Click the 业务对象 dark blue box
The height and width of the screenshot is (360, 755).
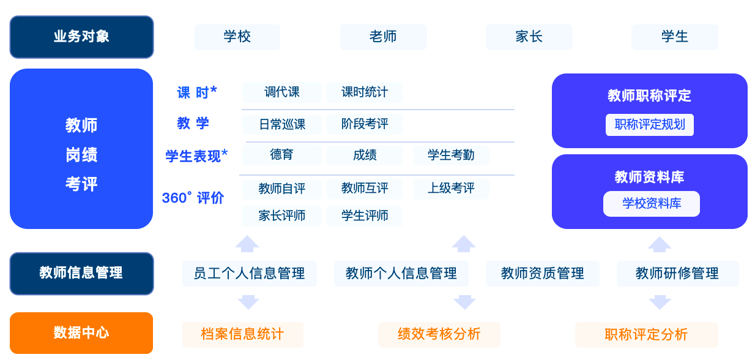point(81,37)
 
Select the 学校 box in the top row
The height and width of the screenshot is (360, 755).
point(237,37)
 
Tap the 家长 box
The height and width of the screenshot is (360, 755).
point(529,37)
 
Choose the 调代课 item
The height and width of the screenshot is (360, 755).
point(282,92)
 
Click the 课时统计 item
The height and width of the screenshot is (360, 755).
point(365,92)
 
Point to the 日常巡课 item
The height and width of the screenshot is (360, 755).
point(282,124)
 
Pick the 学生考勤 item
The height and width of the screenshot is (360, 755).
point(451,155)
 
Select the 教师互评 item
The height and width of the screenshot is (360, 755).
point(365,189)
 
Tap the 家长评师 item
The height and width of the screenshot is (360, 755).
point(282,216)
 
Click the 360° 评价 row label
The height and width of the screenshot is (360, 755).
point(193,198)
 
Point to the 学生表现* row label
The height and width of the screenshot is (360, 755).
point(196,156)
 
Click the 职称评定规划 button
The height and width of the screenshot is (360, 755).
point(650,125)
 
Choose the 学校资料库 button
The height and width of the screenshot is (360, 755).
point(651,204)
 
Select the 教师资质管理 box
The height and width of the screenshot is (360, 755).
point(542,273)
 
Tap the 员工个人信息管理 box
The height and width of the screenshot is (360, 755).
point(250,273)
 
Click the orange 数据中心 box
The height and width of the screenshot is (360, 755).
point(81,333)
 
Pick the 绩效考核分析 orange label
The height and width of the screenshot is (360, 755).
point(439,334)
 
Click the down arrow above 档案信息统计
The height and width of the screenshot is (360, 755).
point(248,302)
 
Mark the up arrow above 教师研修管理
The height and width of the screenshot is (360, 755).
point(660,245)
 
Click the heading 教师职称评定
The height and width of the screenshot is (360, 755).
point(649,96)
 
